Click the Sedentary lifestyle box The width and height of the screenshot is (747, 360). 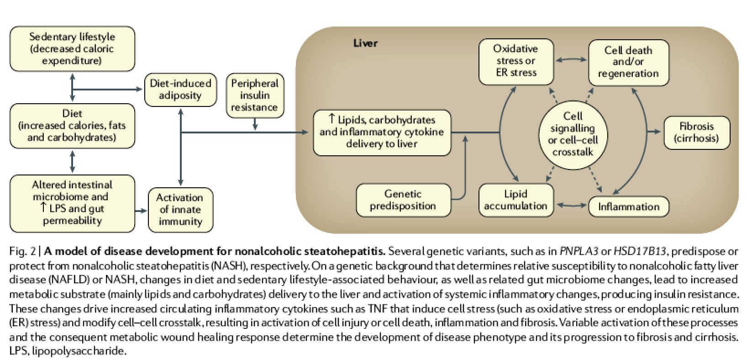click(72, 49)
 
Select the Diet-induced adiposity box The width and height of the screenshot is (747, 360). click(180, 90)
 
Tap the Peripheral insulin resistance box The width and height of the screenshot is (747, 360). click(254, 95)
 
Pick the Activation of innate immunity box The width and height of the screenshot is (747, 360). click(180, 210)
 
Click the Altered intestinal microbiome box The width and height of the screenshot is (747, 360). click(72, 203)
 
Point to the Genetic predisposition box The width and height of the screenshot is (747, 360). click(403, 200)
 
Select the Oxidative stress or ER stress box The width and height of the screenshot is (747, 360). click(516, 61)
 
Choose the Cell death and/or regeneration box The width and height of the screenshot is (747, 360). click(628, 62)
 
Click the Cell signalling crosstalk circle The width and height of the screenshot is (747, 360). click(573, 134)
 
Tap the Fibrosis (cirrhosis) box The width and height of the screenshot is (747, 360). click(696, 132)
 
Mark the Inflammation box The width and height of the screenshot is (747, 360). click(629, 206)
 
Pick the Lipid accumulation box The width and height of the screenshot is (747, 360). click(516, 200)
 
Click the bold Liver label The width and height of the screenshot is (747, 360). click(365, 43)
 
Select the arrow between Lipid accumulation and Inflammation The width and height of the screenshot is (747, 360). click(571, 206)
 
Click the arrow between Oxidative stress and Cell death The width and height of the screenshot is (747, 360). click(571, 59)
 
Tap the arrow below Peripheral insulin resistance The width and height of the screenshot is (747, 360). click(255, 124)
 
